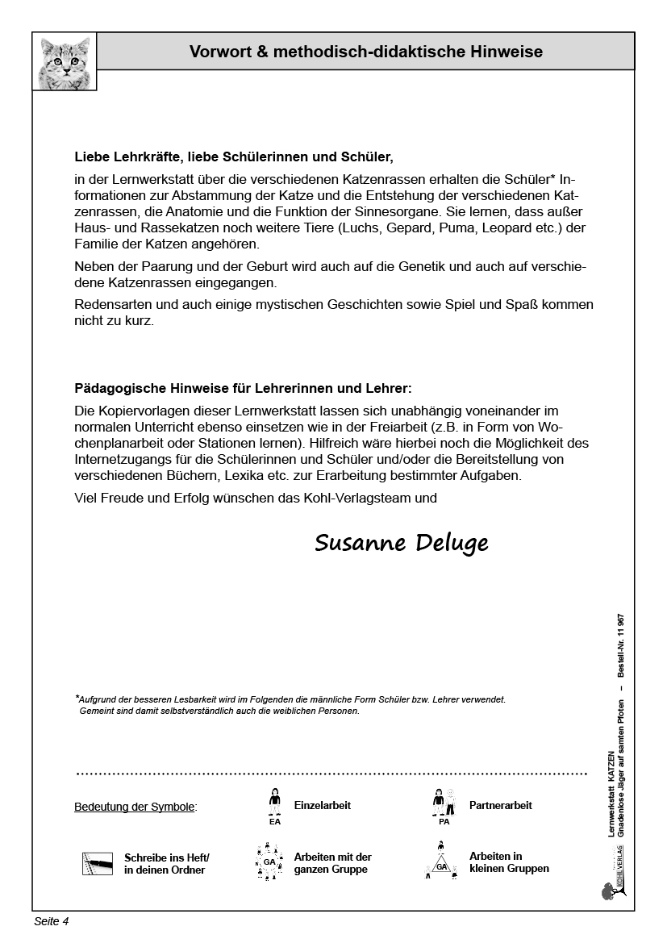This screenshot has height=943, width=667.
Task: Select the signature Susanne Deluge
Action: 401,543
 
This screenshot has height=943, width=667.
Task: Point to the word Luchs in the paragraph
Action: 356,227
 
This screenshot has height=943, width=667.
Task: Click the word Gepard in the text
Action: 409,227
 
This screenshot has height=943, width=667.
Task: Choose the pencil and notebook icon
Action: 98,864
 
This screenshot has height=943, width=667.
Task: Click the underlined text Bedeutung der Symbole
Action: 135,807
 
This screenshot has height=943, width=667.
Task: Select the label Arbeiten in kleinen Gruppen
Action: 509,862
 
